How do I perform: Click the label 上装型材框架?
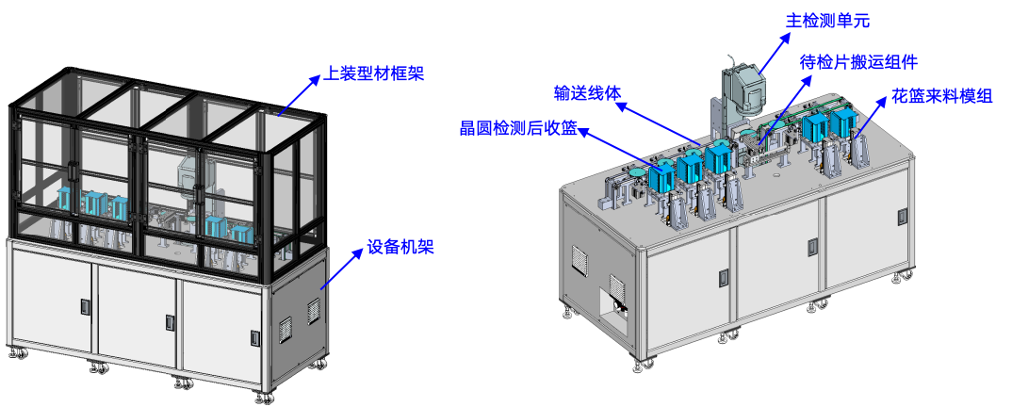(373, 73)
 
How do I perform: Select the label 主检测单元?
(827, 21)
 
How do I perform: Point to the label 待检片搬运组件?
(858, 62)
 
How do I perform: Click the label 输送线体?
(587, 92)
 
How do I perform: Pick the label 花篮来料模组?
(943, 97)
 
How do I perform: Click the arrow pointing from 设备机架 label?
(341, 269)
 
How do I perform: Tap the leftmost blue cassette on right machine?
(662, 177)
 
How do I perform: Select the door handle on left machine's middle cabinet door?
(170, 320)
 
